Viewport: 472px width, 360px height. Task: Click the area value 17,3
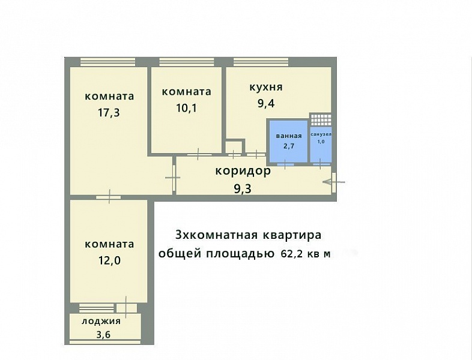109,112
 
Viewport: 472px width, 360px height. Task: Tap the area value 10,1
186,107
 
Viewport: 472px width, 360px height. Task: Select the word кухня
266,87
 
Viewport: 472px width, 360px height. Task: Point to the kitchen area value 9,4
266,103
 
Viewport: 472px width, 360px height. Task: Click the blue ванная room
288,141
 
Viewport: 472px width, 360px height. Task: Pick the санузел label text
321,134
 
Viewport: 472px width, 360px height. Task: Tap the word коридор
243,172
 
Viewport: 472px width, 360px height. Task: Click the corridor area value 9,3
243,189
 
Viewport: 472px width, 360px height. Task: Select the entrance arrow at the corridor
333,182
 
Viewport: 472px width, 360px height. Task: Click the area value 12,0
109,260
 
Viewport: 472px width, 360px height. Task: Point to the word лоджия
101,321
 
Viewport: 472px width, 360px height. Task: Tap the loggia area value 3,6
103,334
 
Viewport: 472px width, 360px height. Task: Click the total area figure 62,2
291,254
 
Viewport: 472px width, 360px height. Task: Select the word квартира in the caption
292,235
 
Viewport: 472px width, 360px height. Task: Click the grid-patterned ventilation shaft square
321,119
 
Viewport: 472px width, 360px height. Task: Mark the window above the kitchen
261,62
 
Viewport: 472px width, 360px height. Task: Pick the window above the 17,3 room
107,62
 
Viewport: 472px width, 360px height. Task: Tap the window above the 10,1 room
187,62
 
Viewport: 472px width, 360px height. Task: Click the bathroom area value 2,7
288,146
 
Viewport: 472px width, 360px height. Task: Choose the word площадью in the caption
240,254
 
